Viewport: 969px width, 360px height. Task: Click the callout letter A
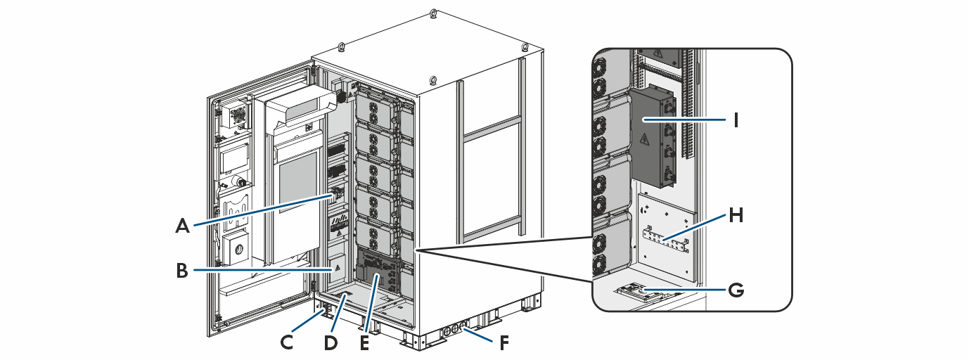183,226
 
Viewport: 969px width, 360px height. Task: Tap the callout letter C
287,342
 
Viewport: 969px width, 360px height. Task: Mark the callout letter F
505,344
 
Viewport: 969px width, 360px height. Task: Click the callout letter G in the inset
736,288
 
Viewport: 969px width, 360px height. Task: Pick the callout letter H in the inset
736,216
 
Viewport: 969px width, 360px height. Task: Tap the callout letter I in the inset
736,120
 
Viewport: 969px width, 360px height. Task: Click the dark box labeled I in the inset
650,137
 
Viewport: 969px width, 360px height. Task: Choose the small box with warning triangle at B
337,269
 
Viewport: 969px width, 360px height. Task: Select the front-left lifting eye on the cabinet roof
340,47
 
